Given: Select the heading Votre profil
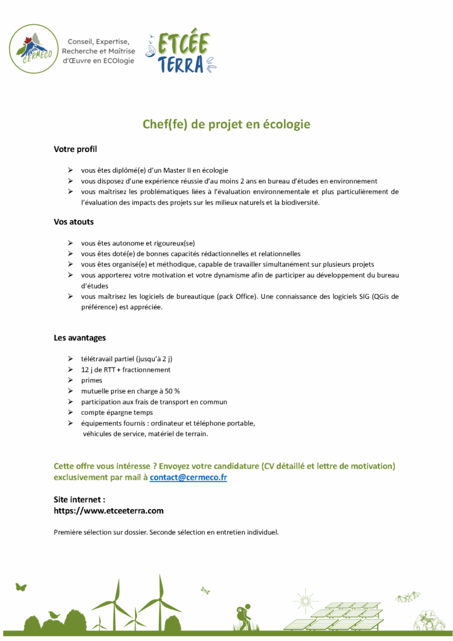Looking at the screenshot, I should [x=75, y=150].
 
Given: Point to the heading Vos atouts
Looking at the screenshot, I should [x=74, y=222].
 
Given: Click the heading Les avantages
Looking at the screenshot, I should [x=79, y=337].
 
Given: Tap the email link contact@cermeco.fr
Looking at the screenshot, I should [x=188, y=477].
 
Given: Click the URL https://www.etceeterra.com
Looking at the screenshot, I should [x=109, y=511].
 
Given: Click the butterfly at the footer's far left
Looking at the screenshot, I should [x=21, y=587].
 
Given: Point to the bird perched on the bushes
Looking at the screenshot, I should [x=54, y=615].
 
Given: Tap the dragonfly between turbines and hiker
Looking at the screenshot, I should [x=205, y=590].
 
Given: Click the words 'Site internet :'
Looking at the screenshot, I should [x=79, y=500].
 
